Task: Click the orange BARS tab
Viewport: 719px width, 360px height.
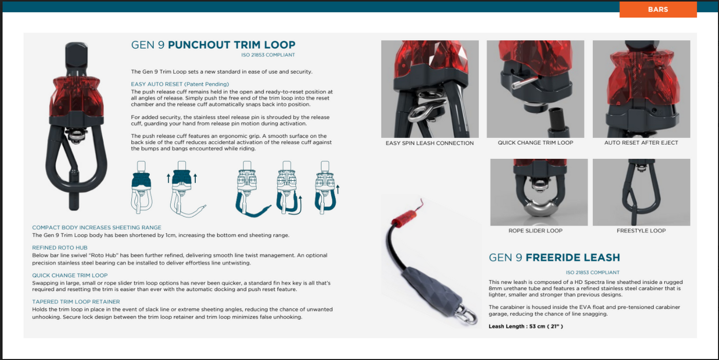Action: [x=658, y=9]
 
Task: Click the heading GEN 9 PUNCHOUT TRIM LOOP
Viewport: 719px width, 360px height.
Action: [x=213, y=45]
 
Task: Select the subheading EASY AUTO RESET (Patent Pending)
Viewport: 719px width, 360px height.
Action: [x=180, y=84]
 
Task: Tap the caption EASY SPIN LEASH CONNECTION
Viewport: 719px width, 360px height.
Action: [x=429, y=143]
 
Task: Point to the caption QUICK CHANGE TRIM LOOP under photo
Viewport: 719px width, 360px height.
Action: [x=535, y=143]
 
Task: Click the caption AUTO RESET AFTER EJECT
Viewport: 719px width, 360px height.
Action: [x=641, y=143]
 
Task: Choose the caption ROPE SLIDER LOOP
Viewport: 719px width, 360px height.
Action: [x=535, y=231]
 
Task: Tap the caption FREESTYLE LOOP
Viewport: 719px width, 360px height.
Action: [x=641, y=231]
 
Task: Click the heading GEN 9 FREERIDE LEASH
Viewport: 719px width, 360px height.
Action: [x=554, y=257]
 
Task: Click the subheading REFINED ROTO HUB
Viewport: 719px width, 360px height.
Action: [x=60, y=248]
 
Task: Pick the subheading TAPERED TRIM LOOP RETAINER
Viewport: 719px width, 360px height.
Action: [x=76, y=301]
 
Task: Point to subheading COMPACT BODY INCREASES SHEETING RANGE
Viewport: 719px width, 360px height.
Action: [x=97, y=228]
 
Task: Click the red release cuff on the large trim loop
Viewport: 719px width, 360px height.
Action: [x=77, y=96]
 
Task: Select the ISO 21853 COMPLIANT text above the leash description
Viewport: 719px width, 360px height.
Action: [x=593, y=272]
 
